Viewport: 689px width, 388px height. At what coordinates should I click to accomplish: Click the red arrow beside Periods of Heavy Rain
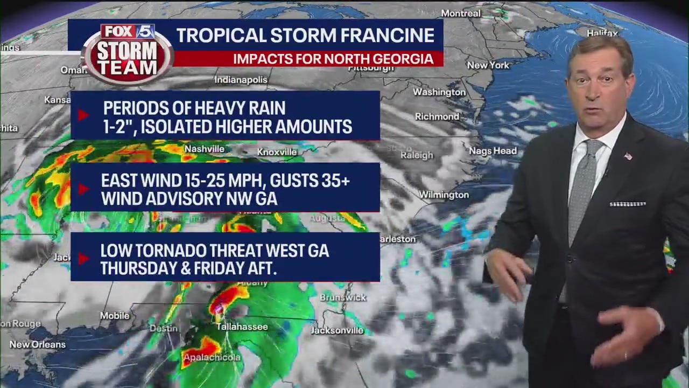[83, 115]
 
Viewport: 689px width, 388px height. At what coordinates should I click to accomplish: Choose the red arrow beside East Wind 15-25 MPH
[83, 189]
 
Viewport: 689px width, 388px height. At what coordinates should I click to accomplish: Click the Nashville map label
[204, 149]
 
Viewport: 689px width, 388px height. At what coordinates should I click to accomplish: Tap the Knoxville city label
[277, 152]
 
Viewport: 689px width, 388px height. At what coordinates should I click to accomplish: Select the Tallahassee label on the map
[242, 327]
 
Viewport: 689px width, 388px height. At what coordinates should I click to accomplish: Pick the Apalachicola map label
[212, 357]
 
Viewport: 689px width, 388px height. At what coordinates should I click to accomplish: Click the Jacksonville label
[337, 330]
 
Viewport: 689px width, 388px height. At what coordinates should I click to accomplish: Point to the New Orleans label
[37, 344]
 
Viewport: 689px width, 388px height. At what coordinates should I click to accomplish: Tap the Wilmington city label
[444, 195]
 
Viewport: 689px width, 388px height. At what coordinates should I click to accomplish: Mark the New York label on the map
[488, 65]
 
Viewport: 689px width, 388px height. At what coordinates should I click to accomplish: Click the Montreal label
[460, 13]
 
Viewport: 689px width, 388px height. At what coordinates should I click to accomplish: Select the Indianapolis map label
[241, 80]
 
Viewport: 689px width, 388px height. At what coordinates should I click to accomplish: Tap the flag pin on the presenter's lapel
[628, 156]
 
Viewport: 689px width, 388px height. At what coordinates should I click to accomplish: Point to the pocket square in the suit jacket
[627, 204]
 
